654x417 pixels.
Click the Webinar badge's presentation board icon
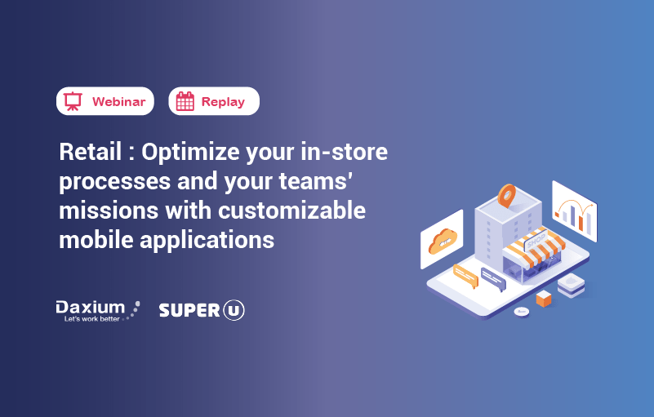tap(73, 101)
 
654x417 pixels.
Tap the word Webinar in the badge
tap(118, 102)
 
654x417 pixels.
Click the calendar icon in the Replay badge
tap(185, 101)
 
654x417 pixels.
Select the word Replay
tap(223, 102)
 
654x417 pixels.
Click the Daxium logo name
tap(90, 307)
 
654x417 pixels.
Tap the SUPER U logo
tap(202, 310)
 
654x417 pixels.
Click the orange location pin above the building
tap(507, 195)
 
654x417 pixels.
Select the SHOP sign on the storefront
tap(535, 242)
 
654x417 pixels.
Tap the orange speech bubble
tap(465, 273)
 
